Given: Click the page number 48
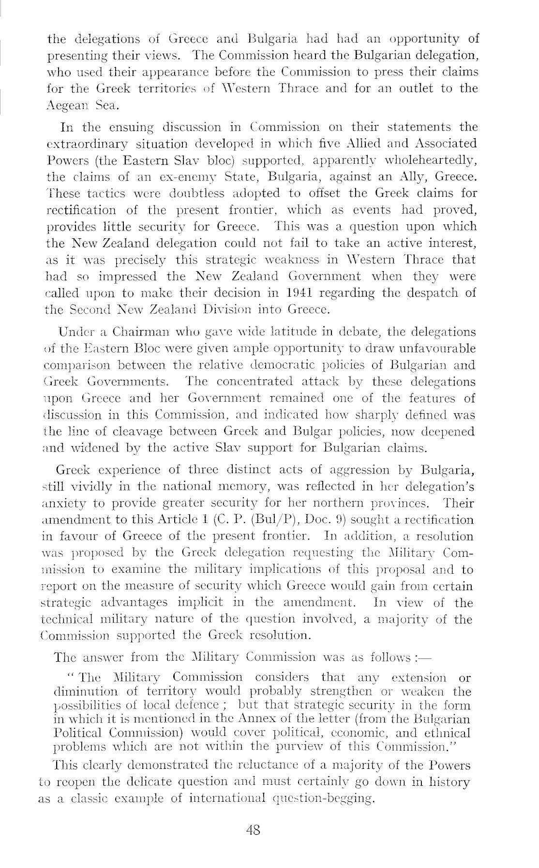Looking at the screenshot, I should click(254, 830).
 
